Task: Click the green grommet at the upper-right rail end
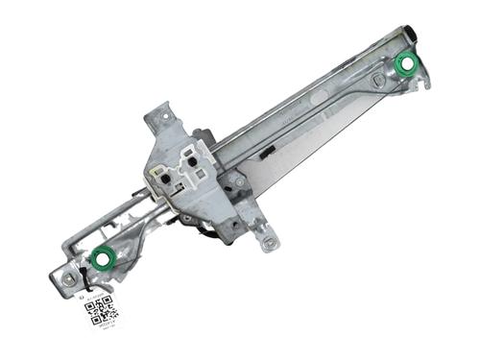click(406, 65)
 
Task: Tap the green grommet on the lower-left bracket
click(102, 257)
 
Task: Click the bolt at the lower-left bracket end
click(69, 278)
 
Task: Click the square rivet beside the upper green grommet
click(379, 81)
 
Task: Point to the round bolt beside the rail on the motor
click(236, 180)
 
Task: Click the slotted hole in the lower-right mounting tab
click(271, 243)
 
